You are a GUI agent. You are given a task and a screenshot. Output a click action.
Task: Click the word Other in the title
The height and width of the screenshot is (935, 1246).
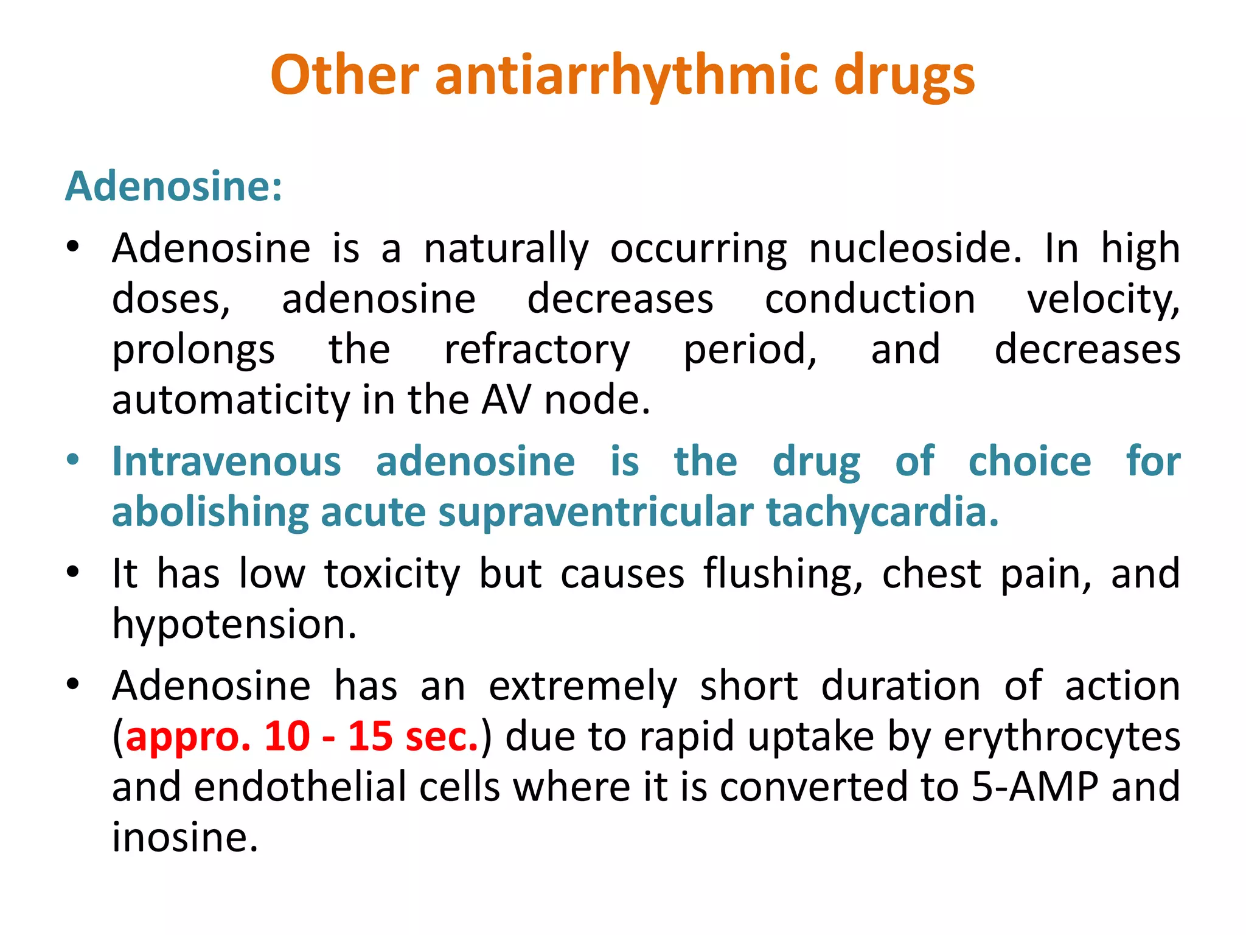point(344,75)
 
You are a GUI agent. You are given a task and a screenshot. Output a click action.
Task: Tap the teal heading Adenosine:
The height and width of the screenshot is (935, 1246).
point(173,186)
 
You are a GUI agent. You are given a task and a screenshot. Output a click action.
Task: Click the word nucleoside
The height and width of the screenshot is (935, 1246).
point(915,248)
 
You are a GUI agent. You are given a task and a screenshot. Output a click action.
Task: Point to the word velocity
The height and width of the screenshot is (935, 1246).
point(1103,299)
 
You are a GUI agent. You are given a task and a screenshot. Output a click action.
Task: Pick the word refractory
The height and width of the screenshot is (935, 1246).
point(537,351)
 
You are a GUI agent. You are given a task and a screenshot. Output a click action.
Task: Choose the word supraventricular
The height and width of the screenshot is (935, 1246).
point(596,512)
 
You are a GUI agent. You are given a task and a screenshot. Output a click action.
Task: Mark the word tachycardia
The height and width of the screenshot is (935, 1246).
point(882,512)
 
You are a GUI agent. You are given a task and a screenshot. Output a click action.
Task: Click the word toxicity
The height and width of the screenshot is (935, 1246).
point(392,574)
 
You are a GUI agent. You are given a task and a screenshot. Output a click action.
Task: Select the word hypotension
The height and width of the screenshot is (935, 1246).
point(234,625)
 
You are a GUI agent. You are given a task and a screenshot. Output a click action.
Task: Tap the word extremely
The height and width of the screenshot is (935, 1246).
point(582,687)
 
